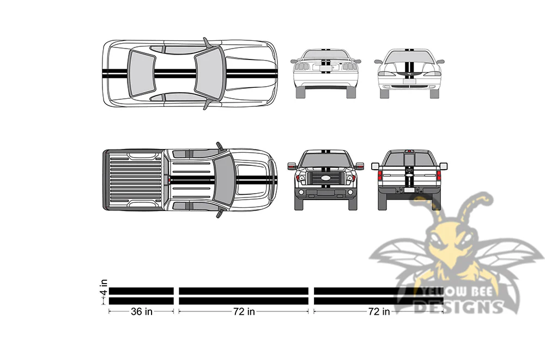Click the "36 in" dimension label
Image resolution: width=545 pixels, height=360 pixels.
coord(142,311)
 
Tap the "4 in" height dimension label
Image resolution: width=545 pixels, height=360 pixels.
coord(104,287)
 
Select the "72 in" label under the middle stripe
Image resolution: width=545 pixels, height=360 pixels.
coord(244,311)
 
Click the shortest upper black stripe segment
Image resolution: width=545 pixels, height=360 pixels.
coord(141,291)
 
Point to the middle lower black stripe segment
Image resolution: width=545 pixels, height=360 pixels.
coord(244,301)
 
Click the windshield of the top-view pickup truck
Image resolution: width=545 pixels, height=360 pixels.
coord(223,179)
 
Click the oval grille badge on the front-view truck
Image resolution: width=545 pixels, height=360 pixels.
coord(326,178)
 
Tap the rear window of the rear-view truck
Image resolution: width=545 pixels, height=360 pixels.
coord(409,159)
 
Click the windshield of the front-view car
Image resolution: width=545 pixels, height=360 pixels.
coord(409,57)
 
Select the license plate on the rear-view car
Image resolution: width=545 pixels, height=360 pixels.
coord(326,69)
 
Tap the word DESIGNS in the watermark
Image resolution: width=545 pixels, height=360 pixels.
coord(459,307)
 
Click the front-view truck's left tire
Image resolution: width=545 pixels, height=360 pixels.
coord(299,203)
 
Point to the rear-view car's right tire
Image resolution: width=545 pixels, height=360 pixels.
coord(351,92)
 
